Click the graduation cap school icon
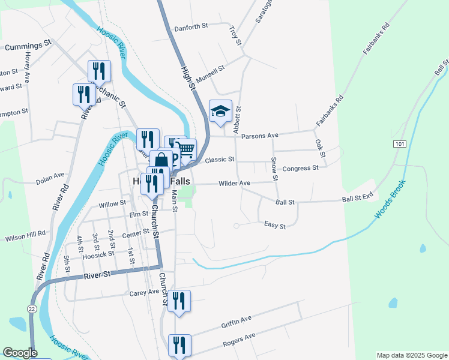coord(220,111)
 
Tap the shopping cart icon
coord(186,149)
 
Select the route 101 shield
coord(400,144)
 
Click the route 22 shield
coord(31,307)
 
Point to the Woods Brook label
coord(390,200)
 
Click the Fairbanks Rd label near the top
coord(376,40)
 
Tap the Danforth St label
coord(190,28)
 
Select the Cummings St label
coord(28,46)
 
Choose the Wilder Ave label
coord(234,183)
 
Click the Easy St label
coord(275,226)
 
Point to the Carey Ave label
coord(143,293)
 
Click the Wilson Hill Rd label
coord(25,238)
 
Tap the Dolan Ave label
coord(50,176)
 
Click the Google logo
coord(20,353)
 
